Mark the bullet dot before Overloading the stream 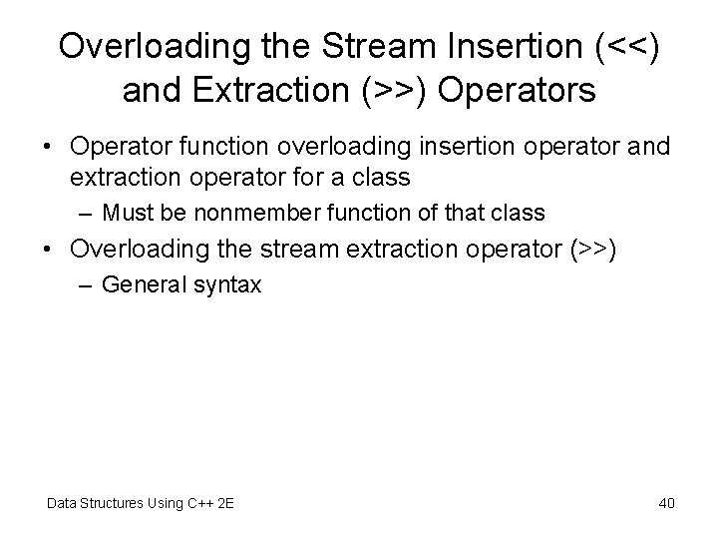[48, 250]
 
